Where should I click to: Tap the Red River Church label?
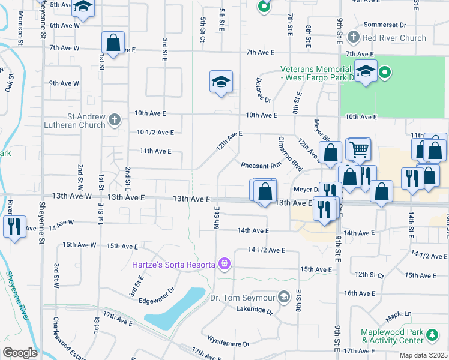click(x=395, y=38)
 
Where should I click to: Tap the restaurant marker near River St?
click(x=13, y=226)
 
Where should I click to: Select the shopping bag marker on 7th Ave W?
click(x=113, y=43)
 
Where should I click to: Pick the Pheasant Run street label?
click(x=261, y=165)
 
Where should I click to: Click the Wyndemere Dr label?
click(x=228, y=344)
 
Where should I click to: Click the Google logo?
click(x=20, y=352)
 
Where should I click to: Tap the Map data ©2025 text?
click(x=423, y=355)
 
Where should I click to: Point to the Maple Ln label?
click(x=399, y=314)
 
